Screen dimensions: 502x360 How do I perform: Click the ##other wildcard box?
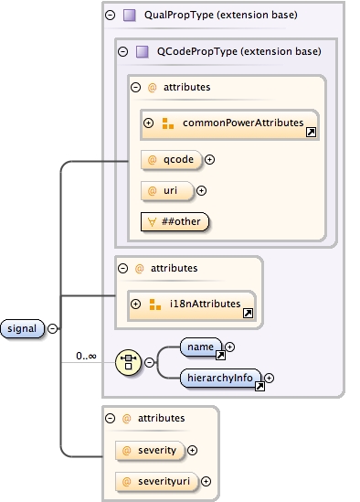tap(175, 220)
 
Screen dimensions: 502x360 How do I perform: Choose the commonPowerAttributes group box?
tap(228, 123)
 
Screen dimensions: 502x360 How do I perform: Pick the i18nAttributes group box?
tap(193, 304)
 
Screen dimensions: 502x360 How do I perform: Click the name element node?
tap(201, 347)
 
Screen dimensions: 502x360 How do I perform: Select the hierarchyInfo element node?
tap(221, 377)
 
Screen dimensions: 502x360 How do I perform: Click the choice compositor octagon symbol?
tap(129, 362)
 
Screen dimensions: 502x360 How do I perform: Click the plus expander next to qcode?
tap(209, 159)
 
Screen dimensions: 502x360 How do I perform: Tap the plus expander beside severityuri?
tap(206, 481)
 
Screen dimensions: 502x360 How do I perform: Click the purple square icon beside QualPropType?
tap(130, 16)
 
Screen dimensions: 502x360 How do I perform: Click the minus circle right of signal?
tap(52, 328)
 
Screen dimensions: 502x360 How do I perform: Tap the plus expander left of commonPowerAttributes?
tap(148, 123)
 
